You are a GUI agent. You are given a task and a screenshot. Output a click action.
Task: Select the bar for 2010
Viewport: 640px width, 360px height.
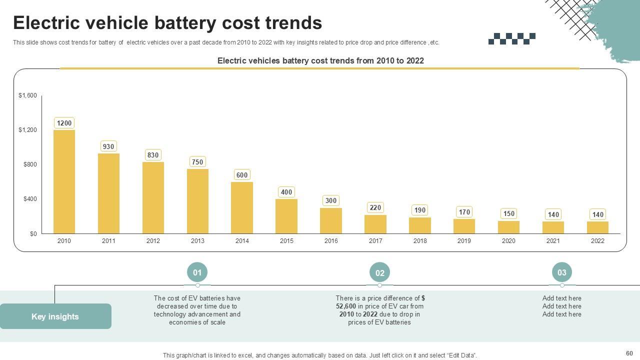pyautogui.click(x=64, y=181)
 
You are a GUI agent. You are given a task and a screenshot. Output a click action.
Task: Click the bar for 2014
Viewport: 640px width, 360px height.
pyautogui.click(x=242, y=207)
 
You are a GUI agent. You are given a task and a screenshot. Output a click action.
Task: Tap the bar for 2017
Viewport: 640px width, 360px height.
pyautogui.click(x=375, y=224)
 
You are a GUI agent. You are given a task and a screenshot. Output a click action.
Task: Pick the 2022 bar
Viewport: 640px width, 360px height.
pyautogui.click(x=597, y=227)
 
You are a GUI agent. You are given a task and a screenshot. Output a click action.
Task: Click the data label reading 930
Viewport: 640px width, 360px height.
pyautogui.click(x=108, y=146)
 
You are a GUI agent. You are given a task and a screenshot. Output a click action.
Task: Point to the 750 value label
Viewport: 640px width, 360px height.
pyautogui.click(x=197, y=162)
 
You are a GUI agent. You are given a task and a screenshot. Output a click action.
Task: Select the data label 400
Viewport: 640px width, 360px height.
pyautogui.click(x=286, y=192)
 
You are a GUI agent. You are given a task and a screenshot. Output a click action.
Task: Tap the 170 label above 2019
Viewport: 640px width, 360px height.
pyautogui.click(x=464, y=212)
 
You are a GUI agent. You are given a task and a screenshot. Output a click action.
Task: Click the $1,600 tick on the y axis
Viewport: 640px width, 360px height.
pyautogui.click(x=27, y=95)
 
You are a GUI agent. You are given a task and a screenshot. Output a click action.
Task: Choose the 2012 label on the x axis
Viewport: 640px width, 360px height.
pyautogui.click(x=153, y=241)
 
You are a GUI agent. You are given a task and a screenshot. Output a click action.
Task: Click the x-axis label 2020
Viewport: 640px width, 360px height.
pyautogui.click(x=508, y=241)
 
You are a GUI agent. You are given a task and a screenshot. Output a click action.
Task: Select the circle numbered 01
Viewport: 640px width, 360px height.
pyautogui.click(x=197, y=272)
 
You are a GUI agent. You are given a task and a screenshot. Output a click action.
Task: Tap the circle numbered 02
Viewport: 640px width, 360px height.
pyautogui.click(x=379, y=273)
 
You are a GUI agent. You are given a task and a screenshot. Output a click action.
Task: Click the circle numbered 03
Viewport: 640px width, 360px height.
pyautogui.click(x=561, y=272)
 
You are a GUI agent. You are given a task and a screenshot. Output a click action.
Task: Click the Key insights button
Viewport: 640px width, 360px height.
pyautogui.click(x=55, y=316)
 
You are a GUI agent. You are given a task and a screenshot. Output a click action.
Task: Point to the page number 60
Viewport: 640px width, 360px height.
pyautogui.click(x=629, y=353)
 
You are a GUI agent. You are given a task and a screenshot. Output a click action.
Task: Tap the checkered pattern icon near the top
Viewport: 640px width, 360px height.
pyautogui.click(x=511, y=38)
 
